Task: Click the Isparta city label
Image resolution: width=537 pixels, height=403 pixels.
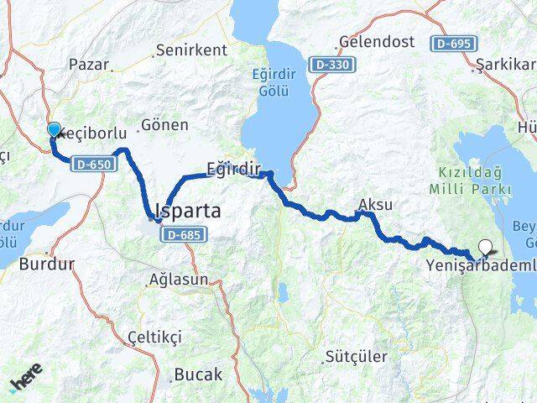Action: coord(188,212)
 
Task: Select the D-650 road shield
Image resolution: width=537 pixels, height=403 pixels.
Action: coord(91,164)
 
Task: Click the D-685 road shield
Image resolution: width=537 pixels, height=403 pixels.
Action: coord(181,234)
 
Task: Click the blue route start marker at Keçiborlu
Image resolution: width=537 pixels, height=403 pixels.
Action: coord(55,129)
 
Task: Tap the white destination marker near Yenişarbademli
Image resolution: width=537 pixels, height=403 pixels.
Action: coord(485,247)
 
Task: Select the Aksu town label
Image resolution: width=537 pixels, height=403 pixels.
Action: coord(375,204)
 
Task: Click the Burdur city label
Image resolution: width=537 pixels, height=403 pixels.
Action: coord(47,263)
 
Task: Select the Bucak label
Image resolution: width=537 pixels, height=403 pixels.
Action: coord(198,374)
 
